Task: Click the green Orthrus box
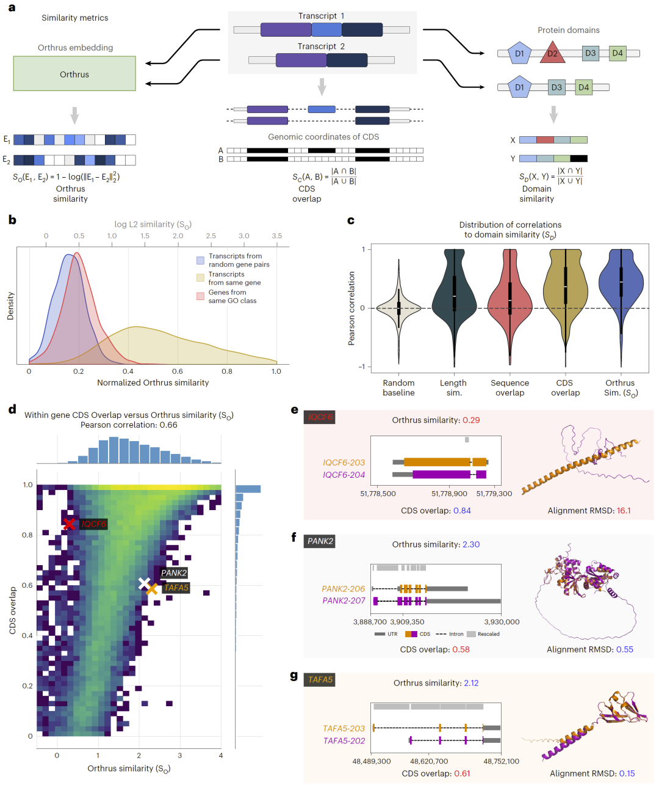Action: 74,74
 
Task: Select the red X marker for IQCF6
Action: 70,524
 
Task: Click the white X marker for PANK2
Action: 144,583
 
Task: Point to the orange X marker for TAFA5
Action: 152,589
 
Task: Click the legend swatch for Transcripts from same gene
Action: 200,278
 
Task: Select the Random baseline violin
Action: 398,307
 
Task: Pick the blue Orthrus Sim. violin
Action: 621,281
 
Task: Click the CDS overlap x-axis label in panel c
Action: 565,388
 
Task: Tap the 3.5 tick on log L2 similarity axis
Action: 277,236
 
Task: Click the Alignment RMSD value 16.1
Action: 624,511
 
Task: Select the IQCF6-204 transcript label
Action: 344,475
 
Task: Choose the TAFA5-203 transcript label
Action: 344,728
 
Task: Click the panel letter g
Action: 294,676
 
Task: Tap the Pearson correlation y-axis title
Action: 351,309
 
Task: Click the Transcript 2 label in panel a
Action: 321,46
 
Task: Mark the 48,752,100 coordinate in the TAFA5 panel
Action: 501,761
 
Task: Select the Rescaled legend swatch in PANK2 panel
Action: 471,634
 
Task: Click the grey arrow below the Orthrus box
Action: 74,115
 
